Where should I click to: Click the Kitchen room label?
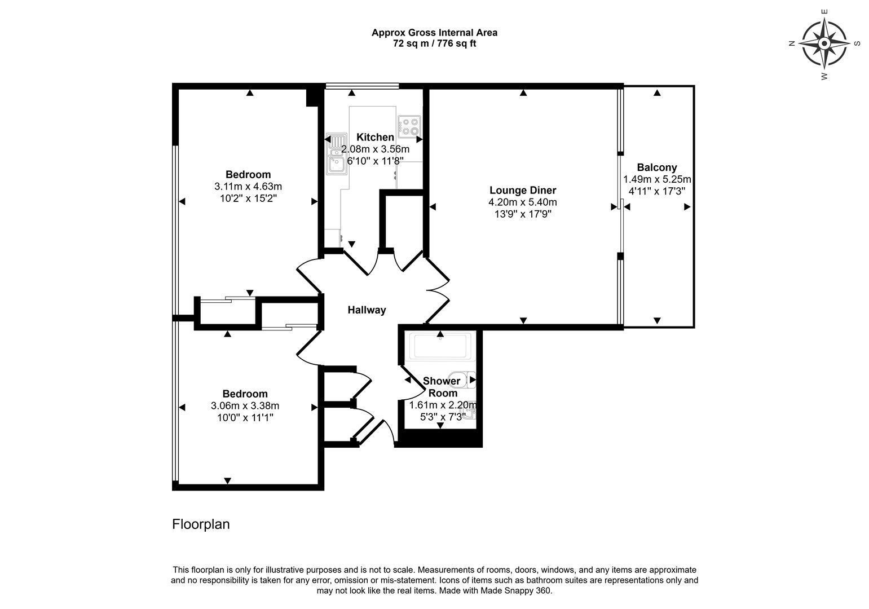[375, 137]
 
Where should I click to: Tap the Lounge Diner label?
[523, 190]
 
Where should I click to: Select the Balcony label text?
[657, 167]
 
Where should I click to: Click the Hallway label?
[367, 310]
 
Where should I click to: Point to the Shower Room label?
[442, 387]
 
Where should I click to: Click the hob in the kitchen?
[409, 126]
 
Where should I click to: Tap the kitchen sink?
[336, 154]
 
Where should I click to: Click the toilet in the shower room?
[462, 379]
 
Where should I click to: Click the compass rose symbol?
[824, 43]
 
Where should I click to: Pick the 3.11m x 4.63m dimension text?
[248, 187]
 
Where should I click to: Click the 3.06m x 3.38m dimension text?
[245, 406]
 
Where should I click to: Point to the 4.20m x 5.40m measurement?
[523, 202]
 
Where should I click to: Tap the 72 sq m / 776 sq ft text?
[434, 43]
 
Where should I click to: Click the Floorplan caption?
[201, 524]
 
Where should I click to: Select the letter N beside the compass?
[792, 43]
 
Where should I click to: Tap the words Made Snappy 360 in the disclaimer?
[515, 591]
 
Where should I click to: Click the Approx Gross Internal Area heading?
[434, 33]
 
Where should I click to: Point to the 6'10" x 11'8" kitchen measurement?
[375, 161]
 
